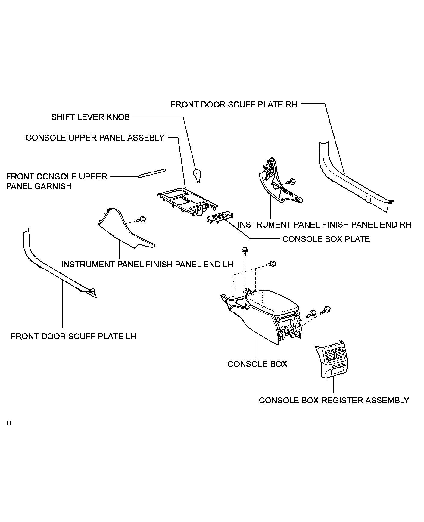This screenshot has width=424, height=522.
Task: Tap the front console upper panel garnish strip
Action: [x=152, y=173]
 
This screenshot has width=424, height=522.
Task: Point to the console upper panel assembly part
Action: [x=187, y=201]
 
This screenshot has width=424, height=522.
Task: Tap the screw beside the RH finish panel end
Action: [x=291, y=182]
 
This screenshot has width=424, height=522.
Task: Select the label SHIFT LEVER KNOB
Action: [x=90, y=117]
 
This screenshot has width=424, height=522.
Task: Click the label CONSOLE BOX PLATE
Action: [x=326, y=239]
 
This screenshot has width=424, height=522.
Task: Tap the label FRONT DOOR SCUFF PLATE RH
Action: [x=234, y=104]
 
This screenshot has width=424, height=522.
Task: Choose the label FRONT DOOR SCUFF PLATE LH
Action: [x=73, y=336]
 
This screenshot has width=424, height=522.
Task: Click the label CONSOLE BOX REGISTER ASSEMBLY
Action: [x=334, y=400]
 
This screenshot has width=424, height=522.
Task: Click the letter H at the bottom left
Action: [x=9, y=423]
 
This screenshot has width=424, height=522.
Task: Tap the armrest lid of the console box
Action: [x=271, y=301]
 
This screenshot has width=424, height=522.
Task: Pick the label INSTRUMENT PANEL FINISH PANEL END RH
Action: [x=324, y=225]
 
